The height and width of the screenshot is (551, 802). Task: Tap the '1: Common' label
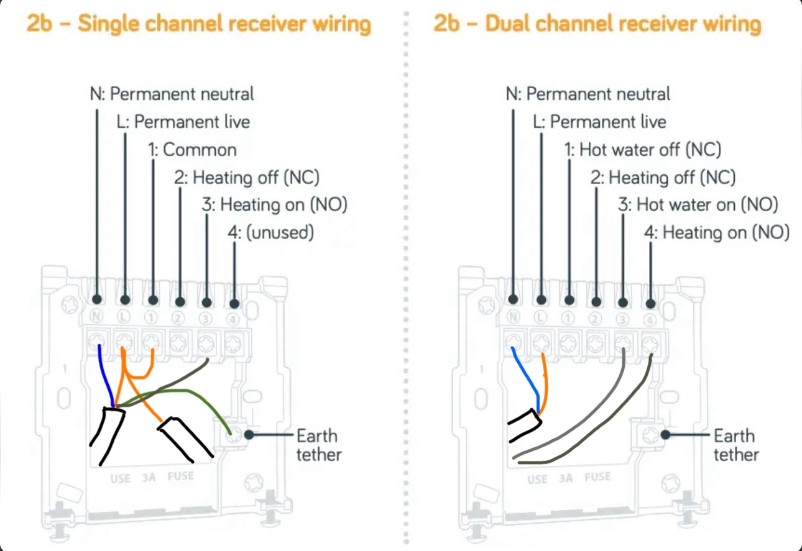[192, 150]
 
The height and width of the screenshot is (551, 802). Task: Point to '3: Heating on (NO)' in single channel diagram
[275, 204]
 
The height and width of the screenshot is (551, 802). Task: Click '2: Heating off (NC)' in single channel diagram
[247, 178]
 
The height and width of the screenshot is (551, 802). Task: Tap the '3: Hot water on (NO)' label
[698, 204]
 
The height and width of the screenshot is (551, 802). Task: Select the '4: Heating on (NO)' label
[717, 233]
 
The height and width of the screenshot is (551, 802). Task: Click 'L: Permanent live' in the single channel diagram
[183, 122]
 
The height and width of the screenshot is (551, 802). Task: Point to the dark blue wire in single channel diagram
[106, 379]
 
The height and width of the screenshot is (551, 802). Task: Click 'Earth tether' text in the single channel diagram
[318, 445]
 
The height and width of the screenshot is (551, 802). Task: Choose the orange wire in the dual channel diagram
[544, 382]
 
